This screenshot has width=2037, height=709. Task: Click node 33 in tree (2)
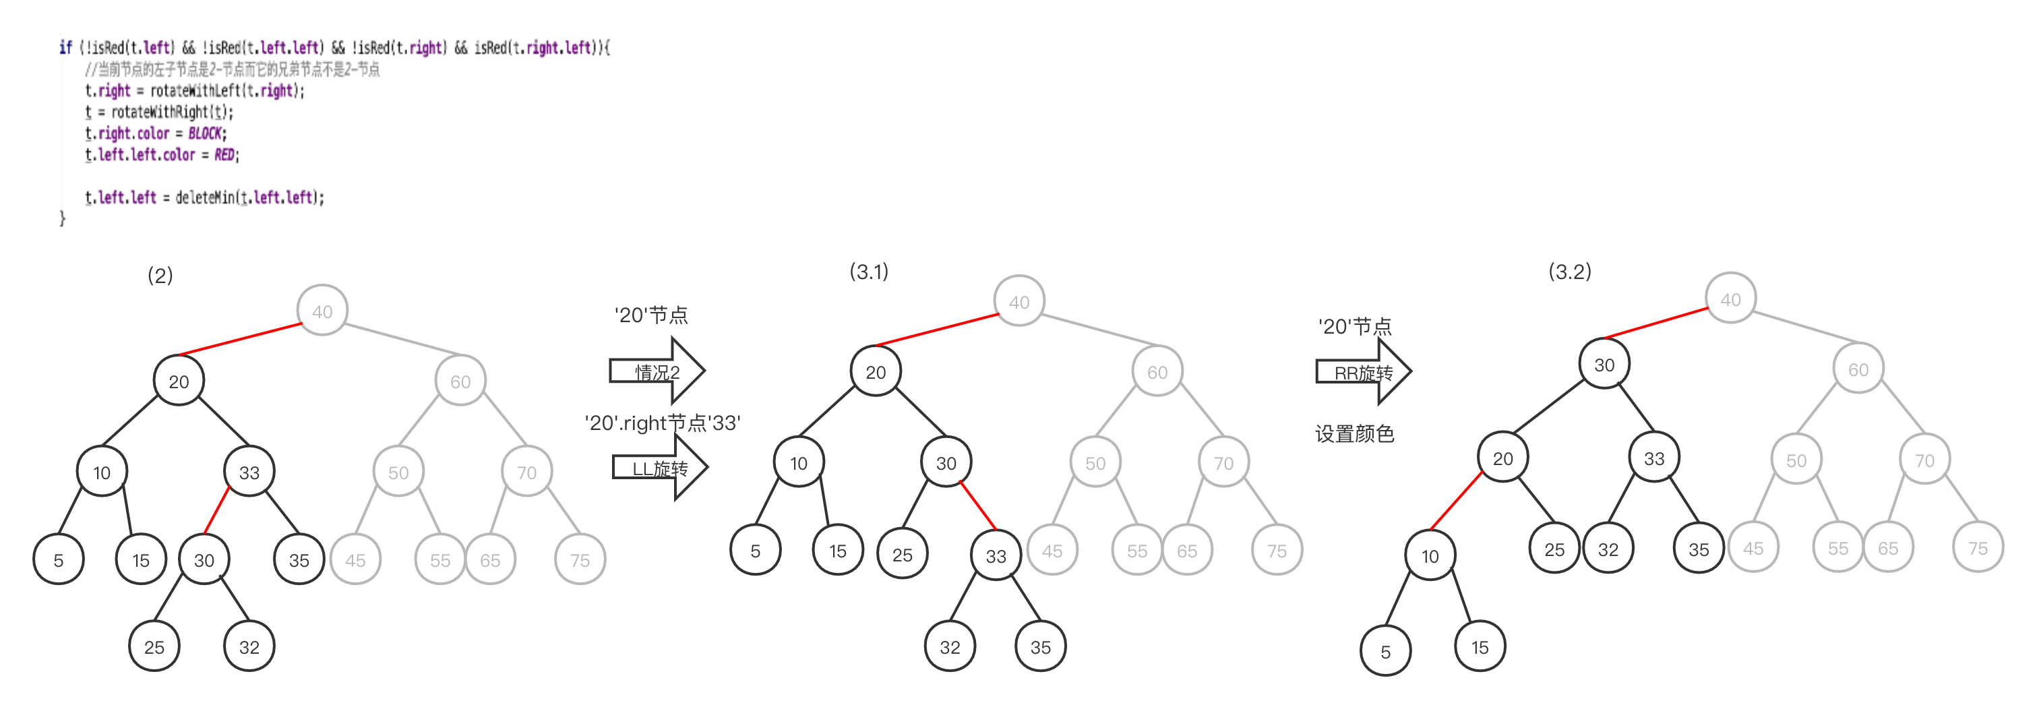pos(249,472)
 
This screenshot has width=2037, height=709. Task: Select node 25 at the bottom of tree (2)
pos(154,646)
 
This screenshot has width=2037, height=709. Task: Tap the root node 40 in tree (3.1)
pos(1018,301)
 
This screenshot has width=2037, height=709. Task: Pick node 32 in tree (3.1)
pos(950,646)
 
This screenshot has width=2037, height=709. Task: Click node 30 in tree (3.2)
pos(1604,365)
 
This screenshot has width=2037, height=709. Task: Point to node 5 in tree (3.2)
pos(1385,651)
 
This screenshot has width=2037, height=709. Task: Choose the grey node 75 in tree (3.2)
pos(1977,548)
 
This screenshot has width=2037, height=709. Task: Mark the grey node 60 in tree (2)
pos(460,381)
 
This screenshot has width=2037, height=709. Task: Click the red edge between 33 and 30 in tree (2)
pos(216,510)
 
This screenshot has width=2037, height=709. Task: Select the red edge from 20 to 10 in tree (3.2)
pos(1457,500)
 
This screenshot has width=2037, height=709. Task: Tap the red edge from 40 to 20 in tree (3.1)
pos(937,330)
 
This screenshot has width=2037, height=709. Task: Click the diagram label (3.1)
pos(869,272)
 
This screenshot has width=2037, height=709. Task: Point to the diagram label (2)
pos(160,275)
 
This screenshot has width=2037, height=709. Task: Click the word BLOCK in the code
pos(205,133)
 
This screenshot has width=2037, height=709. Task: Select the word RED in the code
pos(224,155)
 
